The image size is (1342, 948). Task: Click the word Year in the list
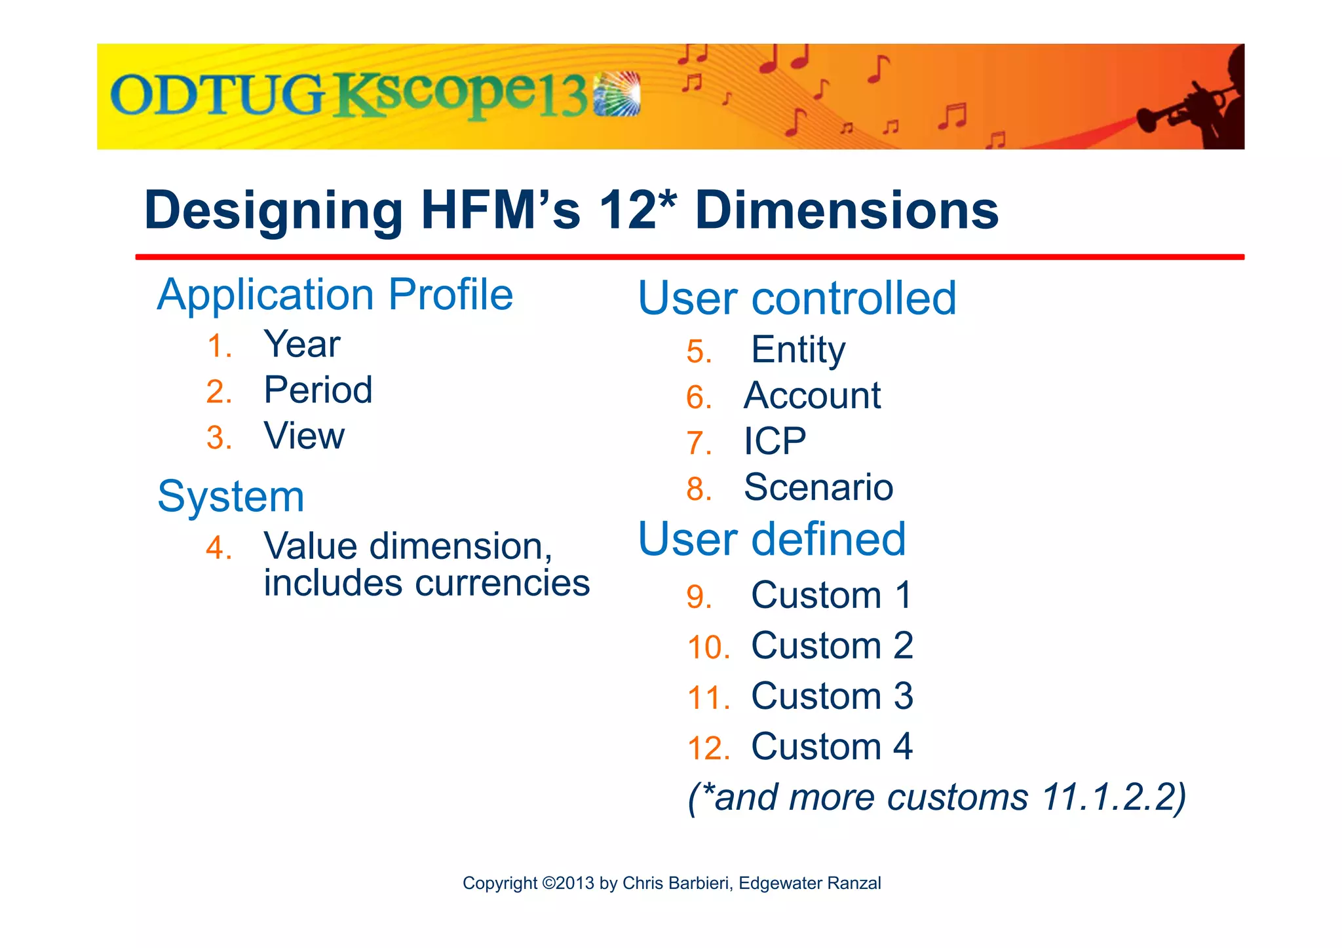click(x=301, y=345)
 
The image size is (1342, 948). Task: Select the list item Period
click(x=318, y=390)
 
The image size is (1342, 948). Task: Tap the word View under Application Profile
click(x=304, y=436)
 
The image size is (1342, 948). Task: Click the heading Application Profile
click(x=335, y=295)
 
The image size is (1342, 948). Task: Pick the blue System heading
click(x=231, y=497)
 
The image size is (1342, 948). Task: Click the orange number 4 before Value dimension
click(x=218, y=548)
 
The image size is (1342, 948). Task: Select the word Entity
click(x=797, y=350)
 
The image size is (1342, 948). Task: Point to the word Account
click(x=812, y=396)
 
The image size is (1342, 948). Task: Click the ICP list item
click(x=775, y=442)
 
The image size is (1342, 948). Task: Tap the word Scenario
click(x=818, y=487)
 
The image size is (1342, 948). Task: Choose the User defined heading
click(x=771, y=539)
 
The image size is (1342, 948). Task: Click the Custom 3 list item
click(x=832, y=696)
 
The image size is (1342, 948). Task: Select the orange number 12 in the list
click(x=708, y=748)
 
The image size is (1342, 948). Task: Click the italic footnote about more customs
click(x=936, y=797)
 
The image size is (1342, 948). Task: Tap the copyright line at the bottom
click(x=671, y=883)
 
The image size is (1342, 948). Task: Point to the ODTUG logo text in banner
click(x=216, y=96)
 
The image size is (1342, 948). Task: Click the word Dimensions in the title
click(x=847, y=210)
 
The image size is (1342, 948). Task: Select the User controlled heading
click(x=797, y=298)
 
